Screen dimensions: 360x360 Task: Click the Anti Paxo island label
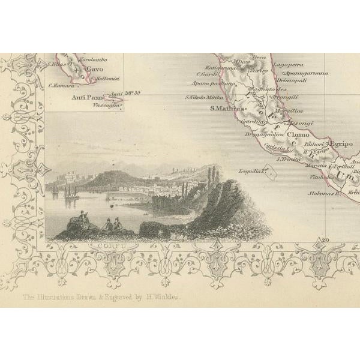pos(86,97)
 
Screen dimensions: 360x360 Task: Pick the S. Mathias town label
pos(224,109)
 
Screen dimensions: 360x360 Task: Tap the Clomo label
pos(299,136)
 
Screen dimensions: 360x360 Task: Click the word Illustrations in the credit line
pos(67,296)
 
